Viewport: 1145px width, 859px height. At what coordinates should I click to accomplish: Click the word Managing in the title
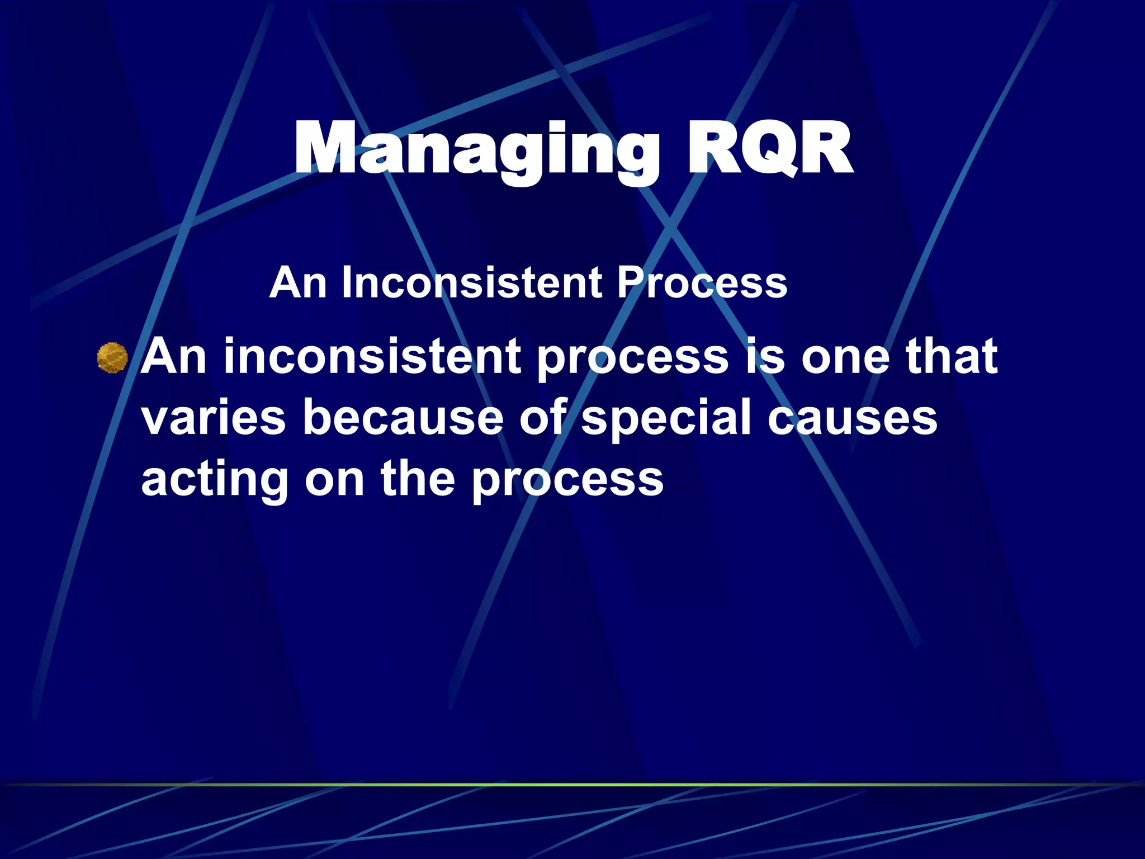[475, 150]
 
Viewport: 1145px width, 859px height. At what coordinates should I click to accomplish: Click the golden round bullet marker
[112, 358]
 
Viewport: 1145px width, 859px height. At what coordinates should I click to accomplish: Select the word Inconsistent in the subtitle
[472, 282]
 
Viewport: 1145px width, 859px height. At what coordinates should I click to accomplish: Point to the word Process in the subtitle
[702, 282]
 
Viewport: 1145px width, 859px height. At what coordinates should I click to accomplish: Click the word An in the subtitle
[297, 282]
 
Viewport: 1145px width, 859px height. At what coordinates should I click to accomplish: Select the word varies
[214, 418]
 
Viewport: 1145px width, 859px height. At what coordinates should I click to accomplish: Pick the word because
[403, 418]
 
